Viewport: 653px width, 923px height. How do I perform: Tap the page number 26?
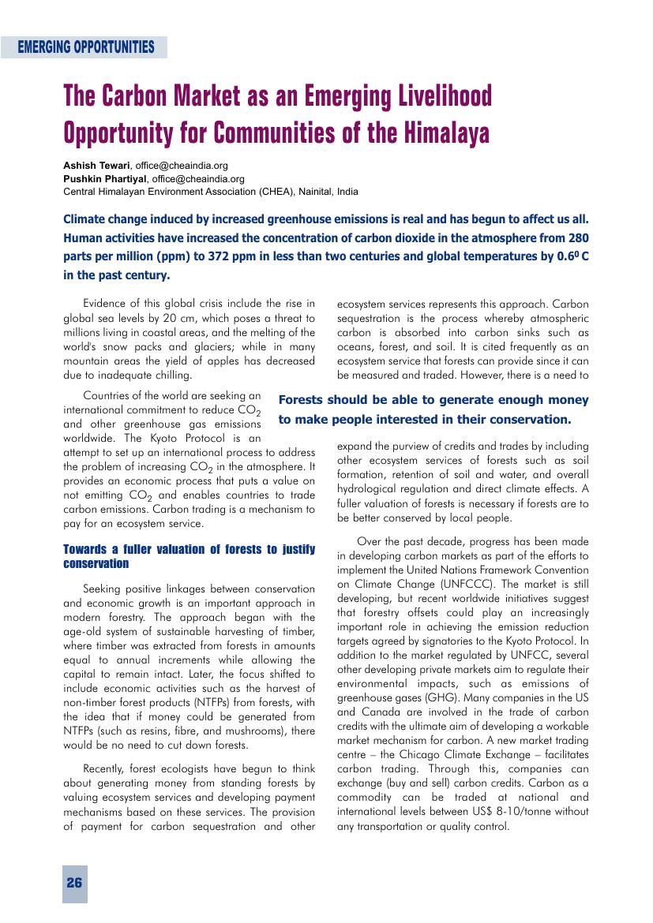pyautogui.click(x=74, y=883)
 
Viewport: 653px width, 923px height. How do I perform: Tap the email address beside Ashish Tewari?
pyautogui.click(x=182, y=166)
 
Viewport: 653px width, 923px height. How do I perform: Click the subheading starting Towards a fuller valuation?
pyautogui.click(x=189, y=556)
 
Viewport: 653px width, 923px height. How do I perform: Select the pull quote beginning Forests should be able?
pyautogui.click(x=433, y=409)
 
